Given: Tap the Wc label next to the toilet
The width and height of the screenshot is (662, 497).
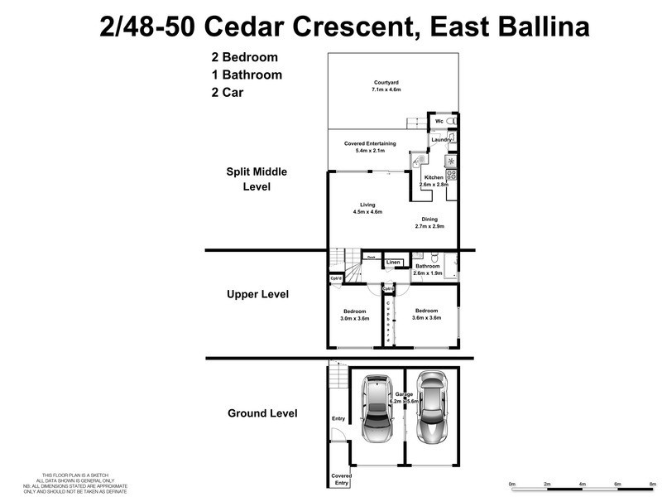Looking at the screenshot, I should pos(439,122).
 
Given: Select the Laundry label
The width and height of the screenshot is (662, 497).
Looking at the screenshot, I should pos(441,140).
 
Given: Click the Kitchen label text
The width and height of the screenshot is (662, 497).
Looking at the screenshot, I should pos(434,178).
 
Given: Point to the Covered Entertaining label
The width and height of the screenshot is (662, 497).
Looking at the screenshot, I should pos(370,144).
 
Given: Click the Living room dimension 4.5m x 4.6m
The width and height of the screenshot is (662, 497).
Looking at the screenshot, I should pos(368,213).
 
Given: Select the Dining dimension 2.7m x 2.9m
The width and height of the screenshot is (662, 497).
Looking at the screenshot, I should pos(429,226).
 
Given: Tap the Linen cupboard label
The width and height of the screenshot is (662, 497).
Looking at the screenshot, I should pos(394,263).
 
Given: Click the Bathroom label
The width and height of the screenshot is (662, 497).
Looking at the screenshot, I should pos(428,266).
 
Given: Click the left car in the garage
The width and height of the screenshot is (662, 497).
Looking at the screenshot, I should pos(377,409).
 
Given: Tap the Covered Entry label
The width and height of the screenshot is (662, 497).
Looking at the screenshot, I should pos(341,479).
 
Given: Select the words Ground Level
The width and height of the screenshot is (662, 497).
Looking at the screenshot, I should pos(261,413).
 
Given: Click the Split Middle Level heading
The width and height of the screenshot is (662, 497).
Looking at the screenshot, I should pos(257,179).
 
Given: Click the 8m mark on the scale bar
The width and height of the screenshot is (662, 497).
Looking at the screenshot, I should pos(653,483).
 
